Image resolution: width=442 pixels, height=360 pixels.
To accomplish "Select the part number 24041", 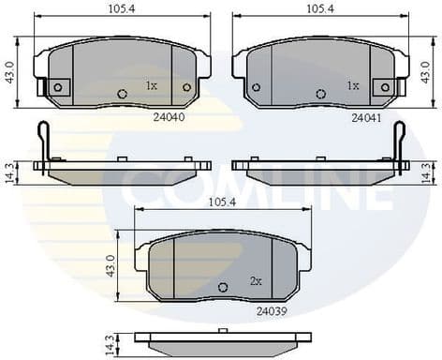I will click(366, 118).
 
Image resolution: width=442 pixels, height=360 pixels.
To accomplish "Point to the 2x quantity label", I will click(256, 280).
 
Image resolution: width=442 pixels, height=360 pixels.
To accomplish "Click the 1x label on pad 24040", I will click(151, 85).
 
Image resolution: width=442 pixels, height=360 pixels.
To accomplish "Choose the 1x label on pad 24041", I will click(353, 85).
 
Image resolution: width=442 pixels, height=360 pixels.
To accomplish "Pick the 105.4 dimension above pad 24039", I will click(223, 202).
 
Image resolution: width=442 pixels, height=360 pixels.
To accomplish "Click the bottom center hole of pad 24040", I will click(123, 93).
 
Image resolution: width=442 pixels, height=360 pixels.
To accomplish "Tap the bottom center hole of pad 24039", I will click(223, 287).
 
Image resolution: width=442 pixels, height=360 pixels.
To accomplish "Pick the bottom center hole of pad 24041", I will click(321, 93).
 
